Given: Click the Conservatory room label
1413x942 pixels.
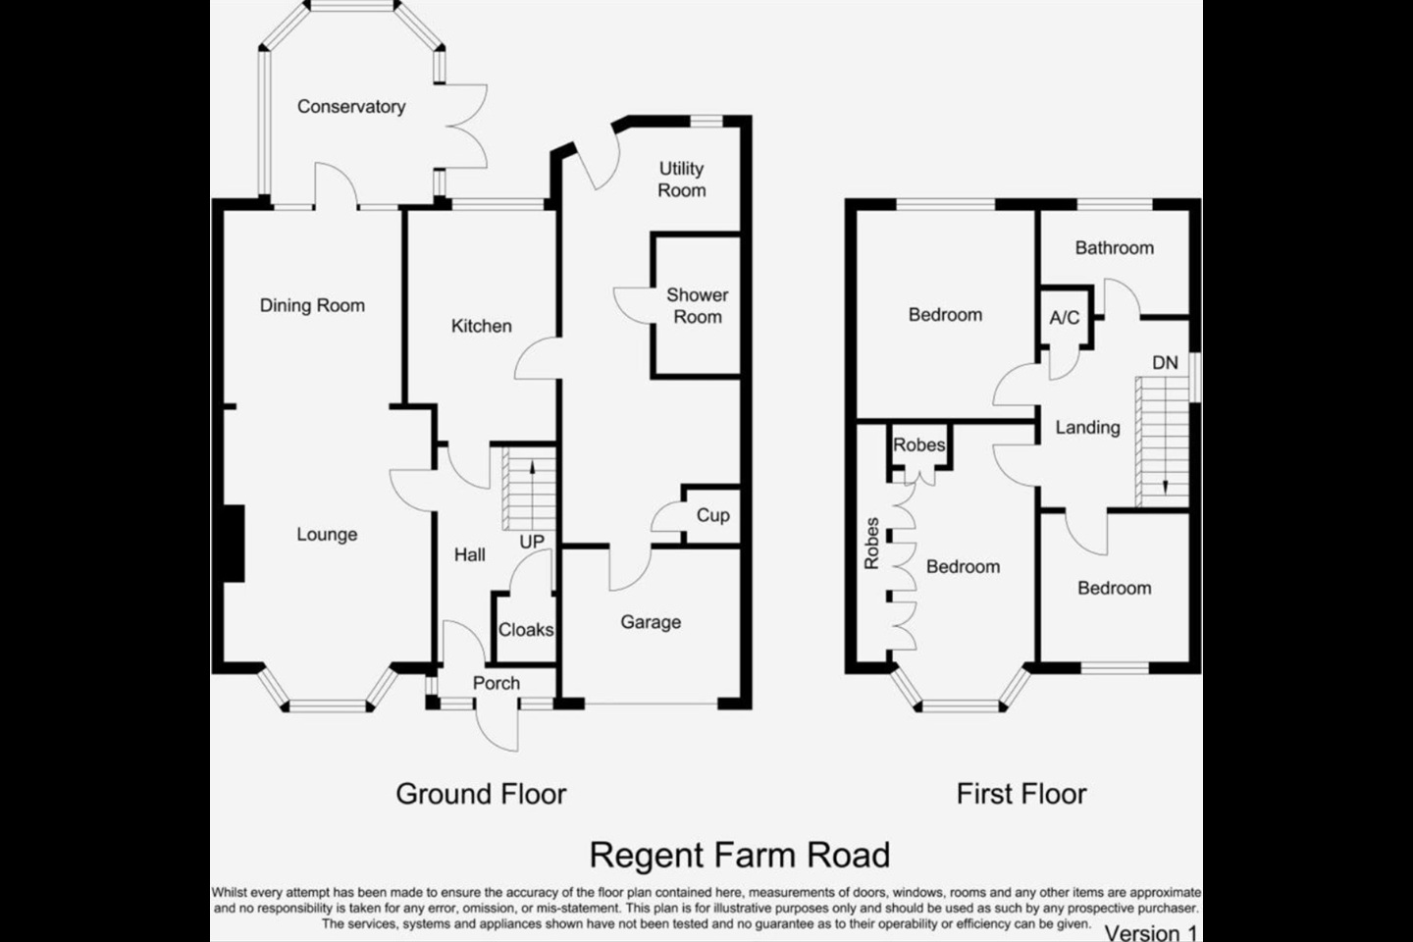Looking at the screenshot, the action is pyautogui.click(x=351, y=107).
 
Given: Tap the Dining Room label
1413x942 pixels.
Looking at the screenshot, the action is pyautogui.click(x=312, y=306).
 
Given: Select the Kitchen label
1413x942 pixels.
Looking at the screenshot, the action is pyautogui.click(x=481, y=326).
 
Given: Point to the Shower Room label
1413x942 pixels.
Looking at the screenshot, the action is pyautogui.click(x=697, y=306).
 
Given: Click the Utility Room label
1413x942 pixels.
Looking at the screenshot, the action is pyautogui.click(x=681, y=180).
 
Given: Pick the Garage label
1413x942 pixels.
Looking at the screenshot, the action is pyautogui.click(x=651, y=623).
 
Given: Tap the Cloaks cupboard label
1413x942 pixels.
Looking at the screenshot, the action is pyautogui.click(x=526, y=630).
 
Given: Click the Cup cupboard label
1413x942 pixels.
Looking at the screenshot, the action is pyautogui.click(x=712, y=516).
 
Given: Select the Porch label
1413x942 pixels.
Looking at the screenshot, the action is pyautogui.click(x=497, y=683).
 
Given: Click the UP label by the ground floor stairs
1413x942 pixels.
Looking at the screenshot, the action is pyautogui.click(x=532, y=542).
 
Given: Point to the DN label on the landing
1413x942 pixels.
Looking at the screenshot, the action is pyautogui.click(x=1165, y=363).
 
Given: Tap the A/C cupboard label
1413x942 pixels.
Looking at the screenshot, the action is pyautogui.click(x=1064, y=318).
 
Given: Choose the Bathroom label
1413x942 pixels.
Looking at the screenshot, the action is pyautogui.click(x=1115, y=248).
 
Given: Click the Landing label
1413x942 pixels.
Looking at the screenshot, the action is pyautogui.click(x=1087, y=428).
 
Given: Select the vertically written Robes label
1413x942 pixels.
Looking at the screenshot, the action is pyautogui.click(x=871, y=544).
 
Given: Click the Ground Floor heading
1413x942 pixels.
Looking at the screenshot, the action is pyautogui.click(x=481, y=794).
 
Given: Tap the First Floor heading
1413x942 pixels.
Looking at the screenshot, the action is pyautogui.click(x=1021, y=794).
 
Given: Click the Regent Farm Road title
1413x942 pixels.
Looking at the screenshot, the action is pyautogui.click(x=739, y=856).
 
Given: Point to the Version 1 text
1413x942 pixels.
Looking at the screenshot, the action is pyautogui.click(x=1151, y=933).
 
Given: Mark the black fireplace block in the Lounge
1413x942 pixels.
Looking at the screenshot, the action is pyautogui.click(x=233, y=544).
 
